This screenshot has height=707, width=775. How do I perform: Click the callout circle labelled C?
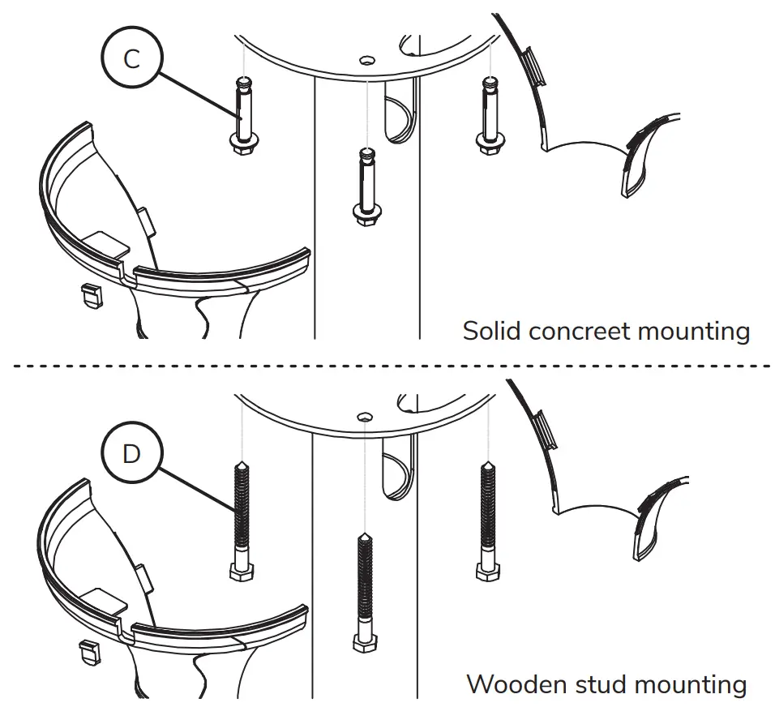pyautogui.click(x=132, y=61)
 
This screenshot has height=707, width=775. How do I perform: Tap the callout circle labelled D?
pyautogui.click(x=131, y=454)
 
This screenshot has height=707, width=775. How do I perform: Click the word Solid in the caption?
pyautogui.click(x=490, y=331)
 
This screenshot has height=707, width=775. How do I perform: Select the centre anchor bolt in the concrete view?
pyautogui.click(x=365, y=186)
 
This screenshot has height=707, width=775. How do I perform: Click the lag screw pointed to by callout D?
pyautogui.click(x=241, y=519)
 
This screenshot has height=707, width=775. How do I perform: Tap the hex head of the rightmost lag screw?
pyautogui.click(x=487, y=572)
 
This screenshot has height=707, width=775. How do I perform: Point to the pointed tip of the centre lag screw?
pyautogui.click(x=364, y=538)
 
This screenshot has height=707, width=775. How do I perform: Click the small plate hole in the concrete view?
pyautogui.click(x=366, y=59)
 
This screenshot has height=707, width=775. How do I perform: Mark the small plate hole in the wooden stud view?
pyautogui.click(x=365, y=416)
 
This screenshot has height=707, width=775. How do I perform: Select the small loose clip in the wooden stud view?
pyautogui.click(x=91, y=652)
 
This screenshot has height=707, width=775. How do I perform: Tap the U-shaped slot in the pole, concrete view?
pyautogui.click(x=397, y=118)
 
